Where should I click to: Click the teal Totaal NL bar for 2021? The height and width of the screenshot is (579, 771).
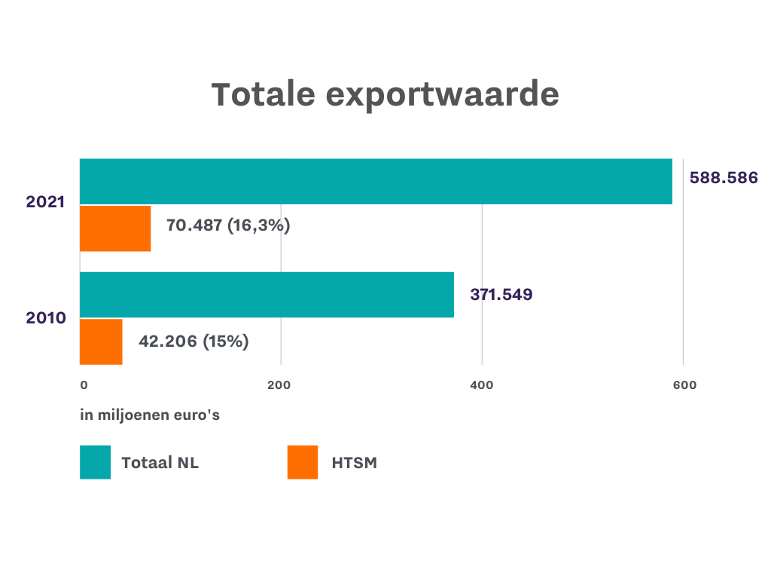(x=376, y=182)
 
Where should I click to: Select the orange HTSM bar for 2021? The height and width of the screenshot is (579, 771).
(x=115, y=228)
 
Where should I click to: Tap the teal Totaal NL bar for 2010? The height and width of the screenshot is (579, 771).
(x=267, y=295)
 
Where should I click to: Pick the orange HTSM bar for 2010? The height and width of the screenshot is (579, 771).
(x=101, y=342)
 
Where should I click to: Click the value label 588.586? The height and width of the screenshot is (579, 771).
(x=723, y=179)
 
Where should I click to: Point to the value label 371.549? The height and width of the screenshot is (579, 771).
(x=501, y=295)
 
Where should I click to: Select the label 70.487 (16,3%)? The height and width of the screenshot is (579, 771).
(x=228, y=225)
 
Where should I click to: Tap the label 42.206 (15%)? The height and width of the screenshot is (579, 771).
(x=194, y=342)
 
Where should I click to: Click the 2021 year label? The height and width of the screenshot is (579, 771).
(x=46, y=202)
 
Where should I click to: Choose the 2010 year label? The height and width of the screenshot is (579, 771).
(x=46, y=317)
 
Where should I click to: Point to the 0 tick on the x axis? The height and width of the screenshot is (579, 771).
(x=84, y=385)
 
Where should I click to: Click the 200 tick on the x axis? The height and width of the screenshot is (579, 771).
(x=279, y=385)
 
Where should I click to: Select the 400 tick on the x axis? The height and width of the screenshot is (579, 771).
(x=481, y=385)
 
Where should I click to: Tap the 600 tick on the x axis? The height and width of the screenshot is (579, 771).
(x=684, y=385)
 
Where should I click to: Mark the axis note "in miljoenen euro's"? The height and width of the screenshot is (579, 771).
(x=150, y=415)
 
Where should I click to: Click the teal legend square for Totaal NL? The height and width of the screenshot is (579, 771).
(x=95, y=462)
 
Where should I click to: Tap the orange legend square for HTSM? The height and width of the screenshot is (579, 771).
(x=303, y=462)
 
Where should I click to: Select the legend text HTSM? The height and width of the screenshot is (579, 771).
(x=354, y=463)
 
